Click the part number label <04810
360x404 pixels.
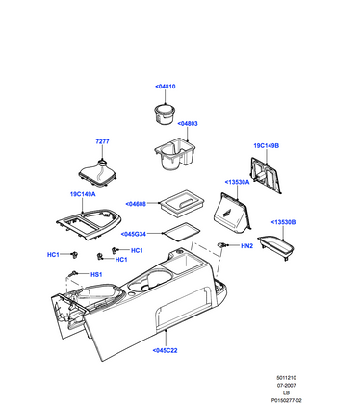pos(165,87)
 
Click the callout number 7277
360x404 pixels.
pos(102,142)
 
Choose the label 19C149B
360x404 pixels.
pos(266,146)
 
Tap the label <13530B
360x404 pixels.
pos(282,222)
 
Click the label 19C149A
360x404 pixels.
pos(82,193)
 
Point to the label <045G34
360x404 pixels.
pos(135,233)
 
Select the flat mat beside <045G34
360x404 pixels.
pos(178,232)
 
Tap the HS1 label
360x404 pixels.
pos(96,274)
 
